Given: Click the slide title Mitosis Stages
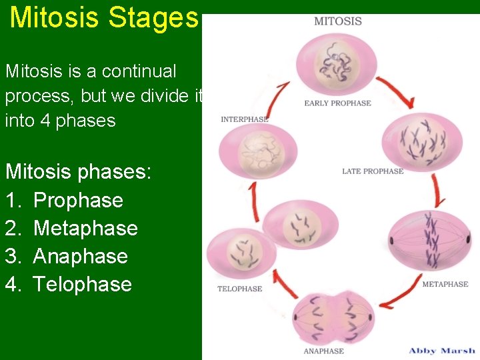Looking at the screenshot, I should click(x=104, y=18).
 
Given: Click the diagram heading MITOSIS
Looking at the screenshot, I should click(x=338, y=21).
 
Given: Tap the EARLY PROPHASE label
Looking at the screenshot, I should click(x=337, y=103).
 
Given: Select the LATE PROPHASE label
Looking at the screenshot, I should click(x=373, y=171).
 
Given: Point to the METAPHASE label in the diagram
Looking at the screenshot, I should click(x=445, y=284).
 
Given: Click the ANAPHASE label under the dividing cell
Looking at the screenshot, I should click(x=324, y=351).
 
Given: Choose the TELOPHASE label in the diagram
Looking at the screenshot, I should click(x=239, y=289).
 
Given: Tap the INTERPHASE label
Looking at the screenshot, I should click(x=245, y=119).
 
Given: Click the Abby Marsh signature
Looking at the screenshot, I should click(x=441, y=350).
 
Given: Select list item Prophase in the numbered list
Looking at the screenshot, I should click(x=78, y=200).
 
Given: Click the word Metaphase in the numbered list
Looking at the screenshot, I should click(x=85, y=228).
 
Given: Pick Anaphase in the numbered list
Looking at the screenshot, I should click(x=80, y=256).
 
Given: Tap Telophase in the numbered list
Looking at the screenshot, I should click(x=83, y=284).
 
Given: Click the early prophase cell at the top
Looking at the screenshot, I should click(x=337, y=65).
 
